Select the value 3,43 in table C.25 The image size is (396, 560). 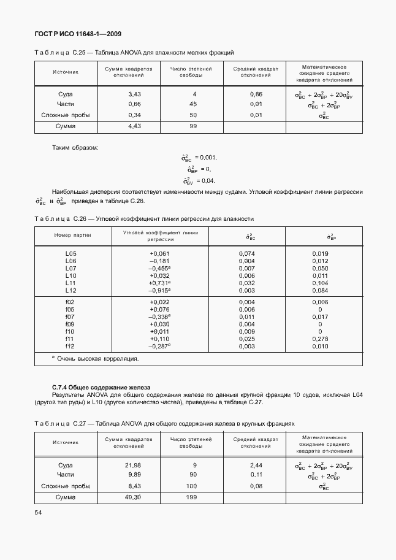pos(134,94)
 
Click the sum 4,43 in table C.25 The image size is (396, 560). pos(134,126)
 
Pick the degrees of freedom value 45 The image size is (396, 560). pos(193,104)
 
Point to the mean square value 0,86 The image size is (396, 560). pos(256,94)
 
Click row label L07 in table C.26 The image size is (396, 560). pos(70,269)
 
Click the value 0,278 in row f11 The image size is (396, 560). pos(319,339)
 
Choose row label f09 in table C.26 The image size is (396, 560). pos(70,324)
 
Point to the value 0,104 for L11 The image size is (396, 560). pos(319,283)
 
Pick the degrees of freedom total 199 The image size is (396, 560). pos(192,497)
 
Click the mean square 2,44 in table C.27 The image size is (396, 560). pos(256,466)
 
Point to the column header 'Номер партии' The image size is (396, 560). pos(72,236)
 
